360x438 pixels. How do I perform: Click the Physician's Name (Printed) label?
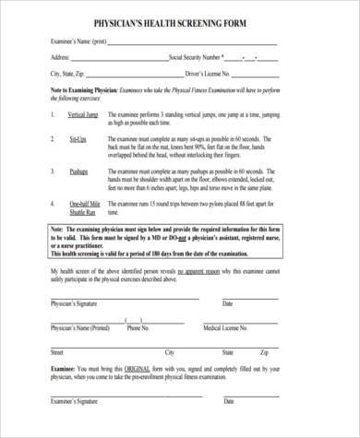pos(79,326)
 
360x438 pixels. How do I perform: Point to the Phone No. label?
pos(138,326)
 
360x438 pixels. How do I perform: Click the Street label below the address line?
pos(56,352)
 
